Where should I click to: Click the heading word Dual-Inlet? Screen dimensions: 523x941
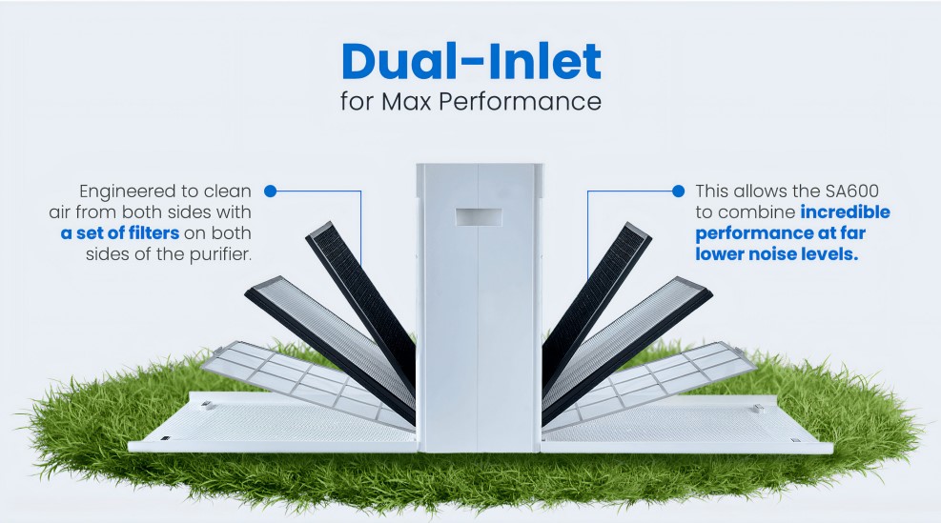[x=471, y=61]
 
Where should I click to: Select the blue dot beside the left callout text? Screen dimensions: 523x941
[x=270, y=191]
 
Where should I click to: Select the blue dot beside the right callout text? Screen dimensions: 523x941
[x=678, y=191]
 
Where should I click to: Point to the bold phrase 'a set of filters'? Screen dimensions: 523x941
[x=113, y=233]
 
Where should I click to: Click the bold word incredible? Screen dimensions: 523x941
[x=844, y=211]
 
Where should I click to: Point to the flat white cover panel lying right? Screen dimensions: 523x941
[x=696, y=424]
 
